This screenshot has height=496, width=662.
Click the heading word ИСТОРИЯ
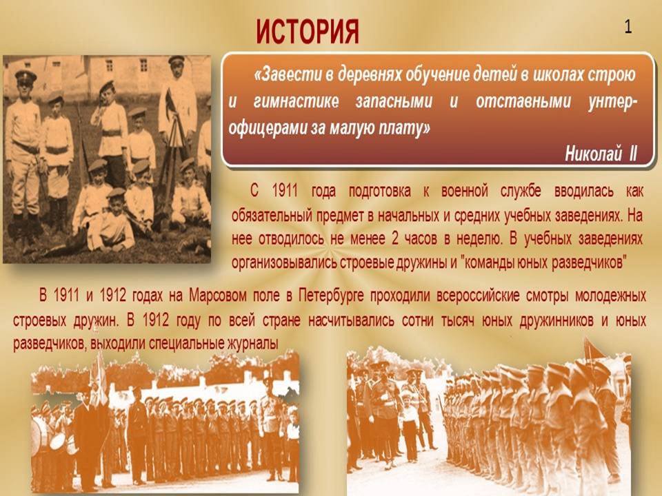click(308, 32)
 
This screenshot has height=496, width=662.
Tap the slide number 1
click(628, 27)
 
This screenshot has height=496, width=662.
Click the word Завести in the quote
click(288, 75)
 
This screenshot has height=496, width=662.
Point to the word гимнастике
click(296, 102)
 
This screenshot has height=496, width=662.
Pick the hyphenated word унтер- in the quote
click(612, 102)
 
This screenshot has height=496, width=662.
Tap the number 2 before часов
click(394, 239)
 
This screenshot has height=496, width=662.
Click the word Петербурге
click(331, 296)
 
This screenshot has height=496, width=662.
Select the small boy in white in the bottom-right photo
click(409, 426)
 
